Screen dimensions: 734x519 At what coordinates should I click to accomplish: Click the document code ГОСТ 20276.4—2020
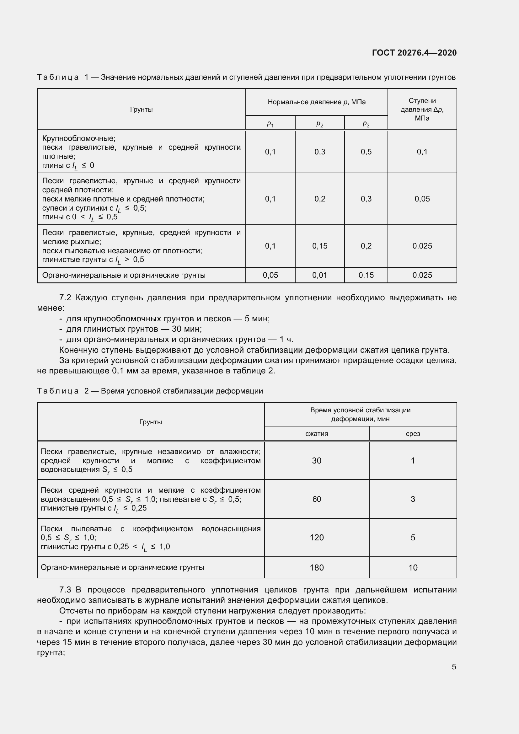click(414, 53)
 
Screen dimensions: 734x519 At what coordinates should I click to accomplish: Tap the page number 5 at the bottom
click(454, 667)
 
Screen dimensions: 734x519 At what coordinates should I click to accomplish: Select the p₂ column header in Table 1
click(319, 123)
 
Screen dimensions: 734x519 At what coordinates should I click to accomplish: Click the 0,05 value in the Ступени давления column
click(422, 199)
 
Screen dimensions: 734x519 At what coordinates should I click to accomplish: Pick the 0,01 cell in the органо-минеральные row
click(319, 275)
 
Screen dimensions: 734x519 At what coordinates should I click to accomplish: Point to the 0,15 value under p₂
click(319, 246)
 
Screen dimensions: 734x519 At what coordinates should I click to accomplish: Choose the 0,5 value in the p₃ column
click(366, 152)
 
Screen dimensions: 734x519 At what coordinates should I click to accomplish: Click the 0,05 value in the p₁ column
click(270, 275)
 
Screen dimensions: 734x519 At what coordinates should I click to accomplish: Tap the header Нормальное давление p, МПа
click(316, 102)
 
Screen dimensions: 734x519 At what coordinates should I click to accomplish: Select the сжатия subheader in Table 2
click(316, 434)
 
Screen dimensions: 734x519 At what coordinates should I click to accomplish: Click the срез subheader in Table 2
click(413, 434)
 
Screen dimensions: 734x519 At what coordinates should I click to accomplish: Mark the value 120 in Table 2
click(316, 537)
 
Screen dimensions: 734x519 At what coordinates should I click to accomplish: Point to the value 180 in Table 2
click(316, 567)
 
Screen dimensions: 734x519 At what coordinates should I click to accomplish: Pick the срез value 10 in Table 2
click(413, 567)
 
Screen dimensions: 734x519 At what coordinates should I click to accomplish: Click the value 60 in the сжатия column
click(316, 499)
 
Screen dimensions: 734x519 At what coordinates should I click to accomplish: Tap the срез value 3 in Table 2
click(413, 499)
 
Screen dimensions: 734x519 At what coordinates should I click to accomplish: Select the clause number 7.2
click(65, 297)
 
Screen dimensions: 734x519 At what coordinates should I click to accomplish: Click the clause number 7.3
click(65, 590)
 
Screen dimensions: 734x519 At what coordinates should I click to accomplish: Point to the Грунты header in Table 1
click(141, 110)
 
